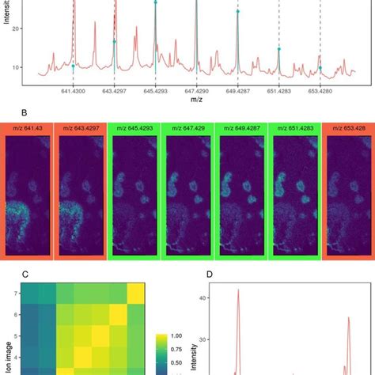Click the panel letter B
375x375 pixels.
click(x=5, y=112)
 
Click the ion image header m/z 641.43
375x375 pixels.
click(x=28, y=129)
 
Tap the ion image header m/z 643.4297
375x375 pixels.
click(x=81, y=129)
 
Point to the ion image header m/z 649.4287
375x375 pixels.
click(x=241, y=129)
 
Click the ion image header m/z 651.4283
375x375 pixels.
click(x=294, y=129)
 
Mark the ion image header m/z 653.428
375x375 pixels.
click(x=348, y=129)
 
